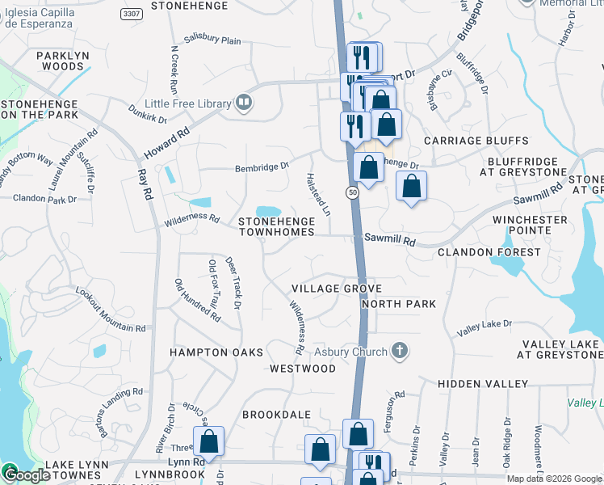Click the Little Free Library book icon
coord(243,103)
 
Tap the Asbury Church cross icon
coord(398,351)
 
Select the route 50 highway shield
coord(353,192)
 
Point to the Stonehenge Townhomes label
coord(275,226)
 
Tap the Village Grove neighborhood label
coord(336,289)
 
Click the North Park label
coord(399,304)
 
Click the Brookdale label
coord(277,415)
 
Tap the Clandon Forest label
coord(489,252)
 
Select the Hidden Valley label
coord(483,383)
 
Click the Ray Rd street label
coord(145,183)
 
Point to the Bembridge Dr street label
coord(262,167)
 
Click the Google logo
coord(26,475)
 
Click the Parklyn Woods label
coord(50,61)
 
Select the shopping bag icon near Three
coord(208,441)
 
